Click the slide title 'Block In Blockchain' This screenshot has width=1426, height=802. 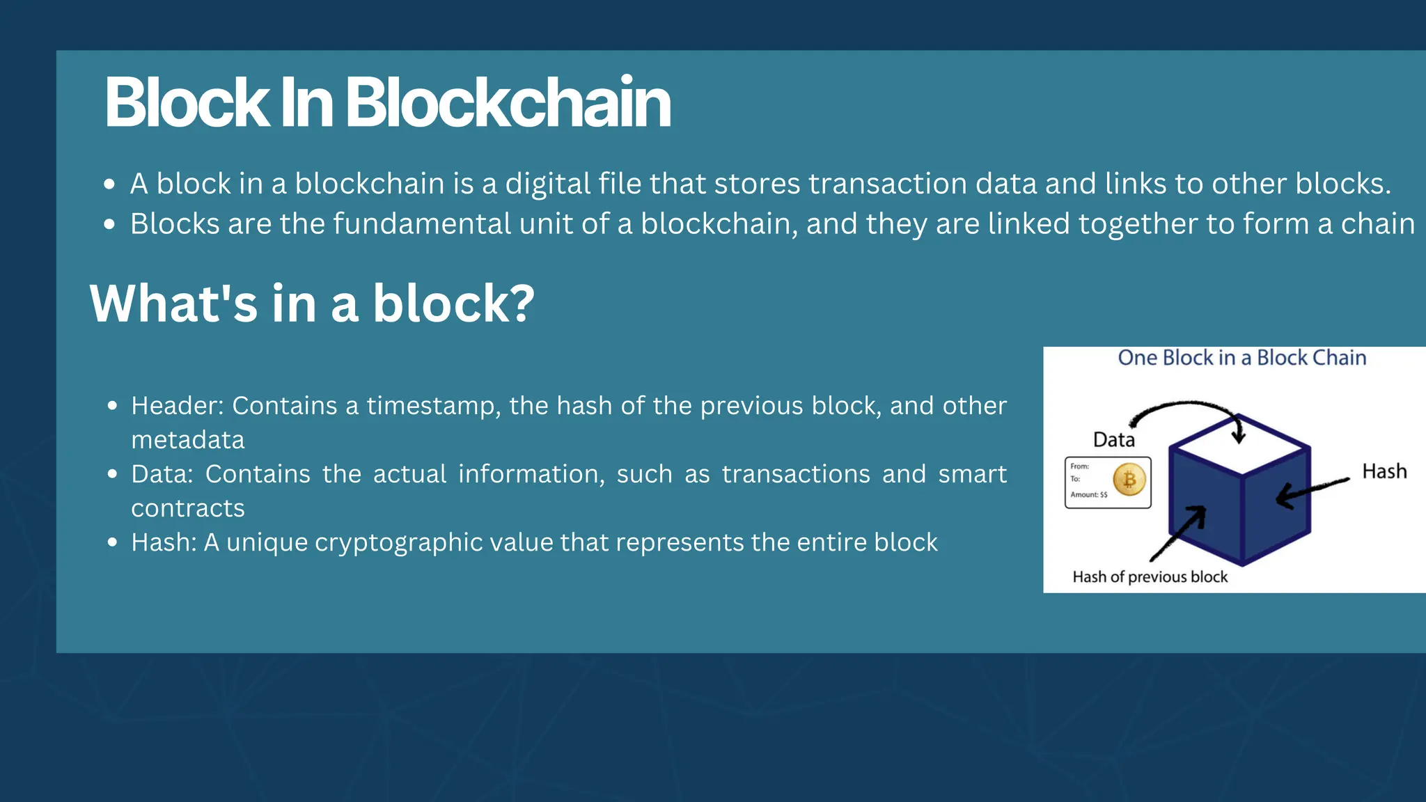click(x=387, y=103)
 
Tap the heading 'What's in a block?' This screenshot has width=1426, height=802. click(x=312, y=304)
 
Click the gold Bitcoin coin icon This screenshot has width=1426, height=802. click(x=1129, y=480)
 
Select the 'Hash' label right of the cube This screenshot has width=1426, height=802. click(x=1384, y=471)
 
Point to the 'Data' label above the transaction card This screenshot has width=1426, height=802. click(x=1113, y=439)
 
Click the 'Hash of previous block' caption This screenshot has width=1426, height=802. click(x=1150, y=576)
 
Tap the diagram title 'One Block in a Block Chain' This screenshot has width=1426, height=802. click(x=1241, y=358)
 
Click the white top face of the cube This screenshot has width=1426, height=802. click(x=1239, y=446)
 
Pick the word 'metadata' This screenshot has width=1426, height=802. click(x=188, y=440)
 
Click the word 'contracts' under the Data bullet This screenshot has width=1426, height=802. click(x=188, y=508)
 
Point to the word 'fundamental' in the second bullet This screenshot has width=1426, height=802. click(x=422, y=224)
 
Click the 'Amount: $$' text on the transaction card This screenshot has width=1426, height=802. click(x=1088, y=495)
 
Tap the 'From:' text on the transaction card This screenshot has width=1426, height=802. click(x=1079, y=466)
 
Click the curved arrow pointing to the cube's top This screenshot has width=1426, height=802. click(x=1191, y=407)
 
